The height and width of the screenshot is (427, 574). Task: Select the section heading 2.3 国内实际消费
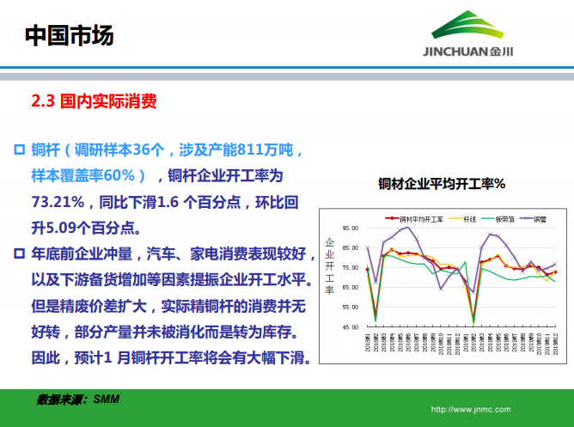coord(94,102)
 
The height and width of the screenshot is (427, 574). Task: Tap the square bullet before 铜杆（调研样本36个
coord(19,149)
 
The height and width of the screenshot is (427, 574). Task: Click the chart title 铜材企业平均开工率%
coord(441,184)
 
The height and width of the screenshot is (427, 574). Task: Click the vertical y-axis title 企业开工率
coord(329,266)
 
